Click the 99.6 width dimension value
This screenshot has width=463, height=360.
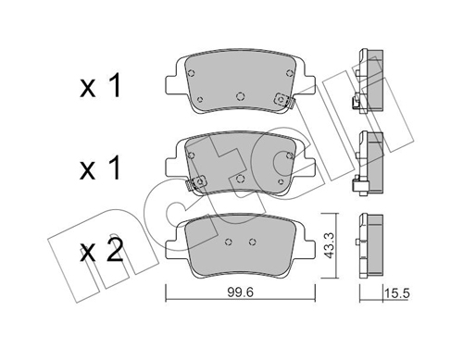coord(241,292)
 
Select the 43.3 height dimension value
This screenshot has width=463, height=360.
coord(329,245)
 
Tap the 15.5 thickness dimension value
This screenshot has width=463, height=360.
coord(396,293)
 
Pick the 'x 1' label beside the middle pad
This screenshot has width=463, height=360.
coord(100,168)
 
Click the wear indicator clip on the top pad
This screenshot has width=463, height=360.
coord(284,100)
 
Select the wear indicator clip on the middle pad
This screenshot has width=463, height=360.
coord(196,183)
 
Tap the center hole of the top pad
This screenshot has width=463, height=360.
coord(240,96)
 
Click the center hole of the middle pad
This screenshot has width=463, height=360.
coord(240,179)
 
